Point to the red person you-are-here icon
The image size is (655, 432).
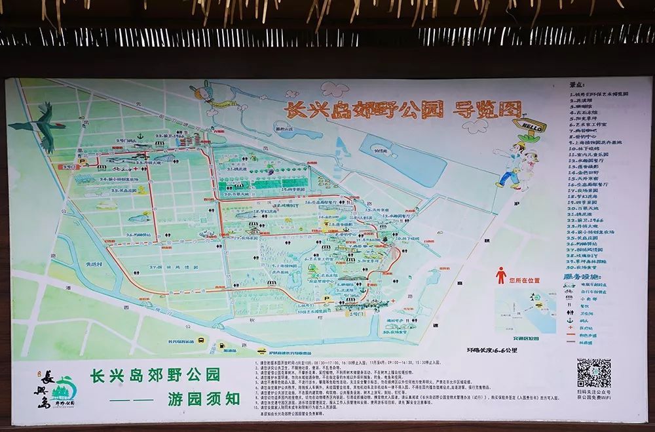[x=501, y=275]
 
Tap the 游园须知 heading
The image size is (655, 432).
[x=203, y=398]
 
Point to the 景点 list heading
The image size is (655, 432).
[x=576, y=85]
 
